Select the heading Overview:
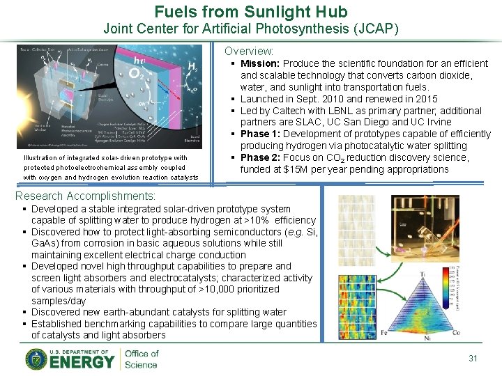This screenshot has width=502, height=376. tap(249, 52)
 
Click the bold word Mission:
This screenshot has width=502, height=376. tap(261, 63)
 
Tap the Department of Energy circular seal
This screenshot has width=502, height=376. tap(36, 359)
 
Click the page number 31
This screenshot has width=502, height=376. tap(473, 358)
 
